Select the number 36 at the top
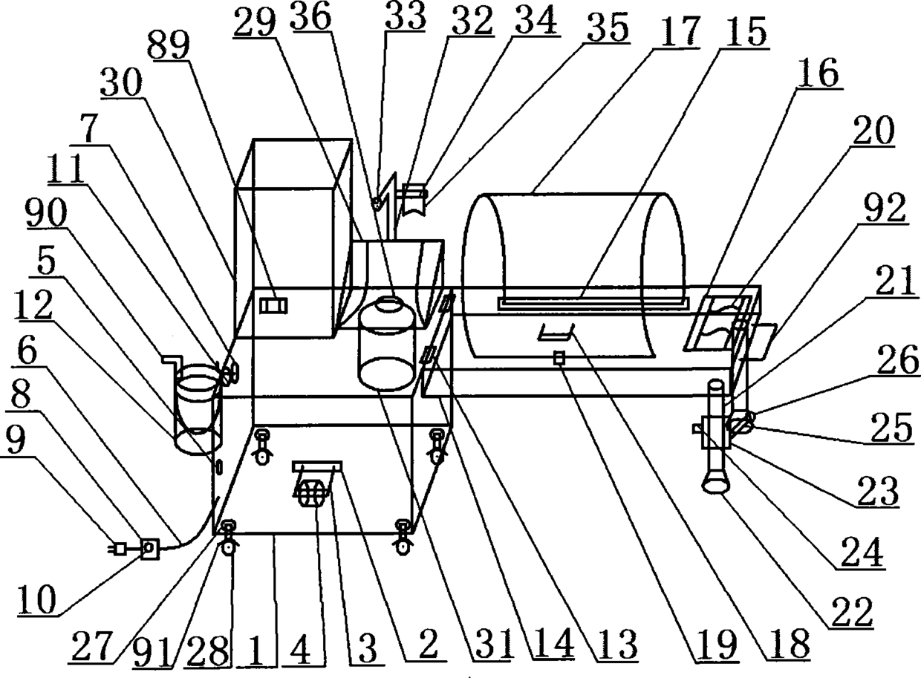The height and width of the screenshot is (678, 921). pos(310,17)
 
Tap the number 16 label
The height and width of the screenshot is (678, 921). pos(819,73)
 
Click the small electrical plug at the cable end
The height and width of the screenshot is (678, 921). pos(117,550)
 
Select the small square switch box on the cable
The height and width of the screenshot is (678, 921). pos(149,549)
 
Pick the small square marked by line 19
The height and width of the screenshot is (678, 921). pos(558,358)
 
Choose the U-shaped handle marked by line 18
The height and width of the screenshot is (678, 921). pos(556,332)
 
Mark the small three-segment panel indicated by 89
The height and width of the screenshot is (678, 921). pos(273,305)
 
